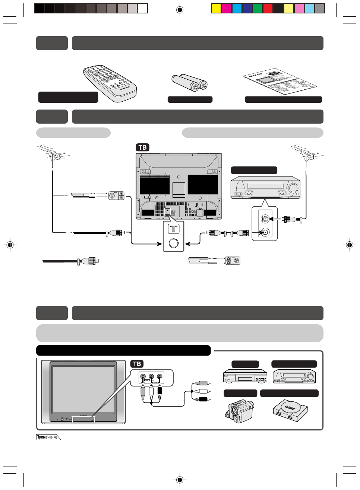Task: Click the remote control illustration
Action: (x=110, y=83)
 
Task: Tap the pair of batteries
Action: (x=189, y=82)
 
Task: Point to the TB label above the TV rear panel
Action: (x=142, y=147)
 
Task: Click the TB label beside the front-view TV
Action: (x=137, y=364)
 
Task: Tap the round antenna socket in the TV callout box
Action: (x=174, y=243)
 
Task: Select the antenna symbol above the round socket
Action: (x=174, y=229)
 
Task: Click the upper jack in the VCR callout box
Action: (x=265, y=219)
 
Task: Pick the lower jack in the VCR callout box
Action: (x=265, y=232)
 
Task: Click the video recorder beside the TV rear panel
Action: (x=265, y=188)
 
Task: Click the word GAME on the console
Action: (x=290, y=407)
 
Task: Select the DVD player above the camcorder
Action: (x=245, y=376)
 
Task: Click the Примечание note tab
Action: (x=47, y=437)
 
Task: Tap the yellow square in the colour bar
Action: (x=216, y=8)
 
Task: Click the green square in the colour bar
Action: (x=258, y=8)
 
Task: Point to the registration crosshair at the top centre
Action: (x=180, y=10)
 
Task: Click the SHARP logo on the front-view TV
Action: (x=83, y=415)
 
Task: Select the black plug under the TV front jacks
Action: (x=160, y=391)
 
